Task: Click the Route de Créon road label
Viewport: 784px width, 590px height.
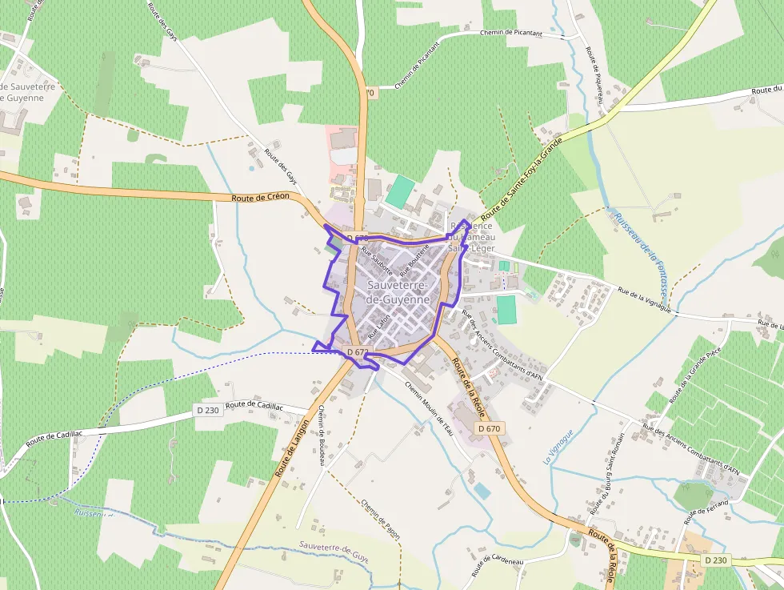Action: [261, 197]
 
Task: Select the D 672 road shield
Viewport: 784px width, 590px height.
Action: [358, 352]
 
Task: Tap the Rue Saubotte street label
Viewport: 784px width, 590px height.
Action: [377, 262]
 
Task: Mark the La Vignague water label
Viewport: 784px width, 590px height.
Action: [559, 448]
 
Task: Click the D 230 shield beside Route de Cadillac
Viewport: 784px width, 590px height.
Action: [207, 411]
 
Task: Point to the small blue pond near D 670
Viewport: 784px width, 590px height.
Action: [482, 490]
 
